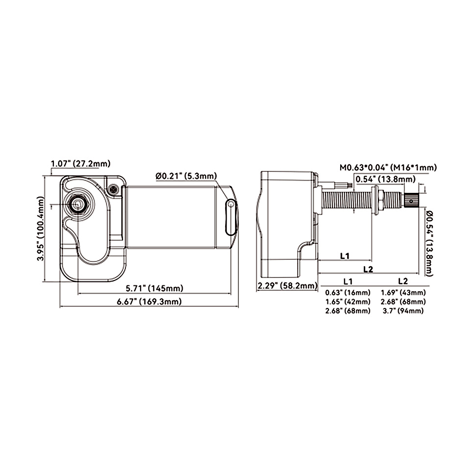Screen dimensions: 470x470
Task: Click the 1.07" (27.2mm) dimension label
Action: click(81, 164)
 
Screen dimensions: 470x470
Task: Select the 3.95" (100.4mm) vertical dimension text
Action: click(41, 229)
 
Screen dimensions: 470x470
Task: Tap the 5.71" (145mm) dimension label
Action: click(154, 288)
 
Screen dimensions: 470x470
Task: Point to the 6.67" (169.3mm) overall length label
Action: click(149, 302)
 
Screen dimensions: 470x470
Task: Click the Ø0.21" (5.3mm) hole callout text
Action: click(186, 176)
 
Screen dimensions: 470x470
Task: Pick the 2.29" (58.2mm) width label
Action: click(287, 285)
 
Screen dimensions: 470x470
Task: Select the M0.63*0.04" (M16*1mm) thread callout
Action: click(388, 167)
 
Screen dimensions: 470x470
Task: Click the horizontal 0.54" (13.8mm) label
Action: click(385, 179)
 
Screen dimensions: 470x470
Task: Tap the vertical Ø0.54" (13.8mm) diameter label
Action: click(429, 243)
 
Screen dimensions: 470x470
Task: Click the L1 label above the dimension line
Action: click(345, 256)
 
